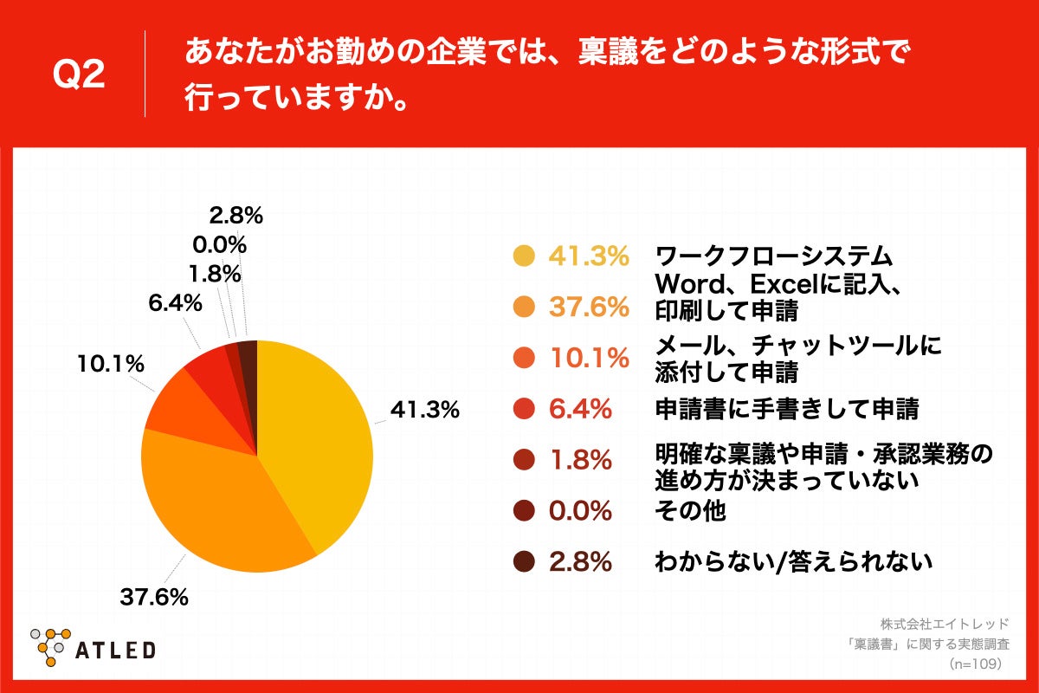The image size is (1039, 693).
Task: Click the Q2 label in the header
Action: pyautogui.click(x=79, y=75)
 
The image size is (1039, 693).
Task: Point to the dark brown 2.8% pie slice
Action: pyautogui.click(x=248, y=351)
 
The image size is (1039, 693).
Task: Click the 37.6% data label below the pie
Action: pyautogui.click(x=155, y=597)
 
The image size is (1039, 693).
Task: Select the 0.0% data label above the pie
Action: pyautogui.click(x=217, y=244)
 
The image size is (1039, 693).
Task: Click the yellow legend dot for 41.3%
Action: pyautogui.click(x=523, y=256)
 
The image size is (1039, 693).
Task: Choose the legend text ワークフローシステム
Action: pyautogui.click(x=773, y=256)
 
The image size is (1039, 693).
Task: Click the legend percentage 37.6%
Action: pyautogui.click(x=589, y=307)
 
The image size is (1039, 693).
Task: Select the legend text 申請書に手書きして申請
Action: pyautogui.click(x=786, y=409)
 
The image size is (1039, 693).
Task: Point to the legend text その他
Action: pyautogui.click(x=689, y=511)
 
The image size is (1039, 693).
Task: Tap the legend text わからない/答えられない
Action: pyautogui.click(x=793, y=562)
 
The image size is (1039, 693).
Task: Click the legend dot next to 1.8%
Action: pyautogui.click(x=523, y=460)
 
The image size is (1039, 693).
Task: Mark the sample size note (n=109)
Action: pyautogui.click(x=974, y=664)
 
